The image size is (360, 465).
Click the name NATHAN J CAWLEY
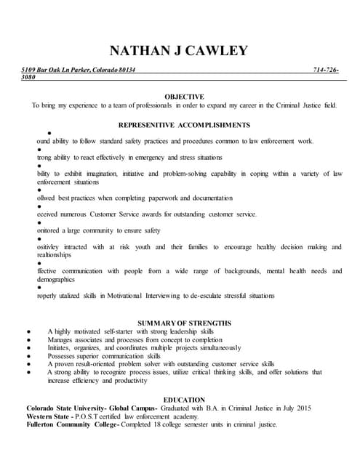(178, 50)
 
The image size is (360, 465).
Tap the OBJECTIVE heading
(184, 96)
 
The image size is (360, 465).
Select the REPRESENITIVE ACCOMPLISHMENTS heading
(184, 124)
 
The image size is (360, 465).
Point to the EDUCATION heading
(184, 400)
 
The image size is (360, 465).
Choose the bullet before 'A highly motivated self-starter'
(27, 331)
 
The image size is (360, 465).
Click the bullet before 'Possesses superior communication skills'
(27, 356)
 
